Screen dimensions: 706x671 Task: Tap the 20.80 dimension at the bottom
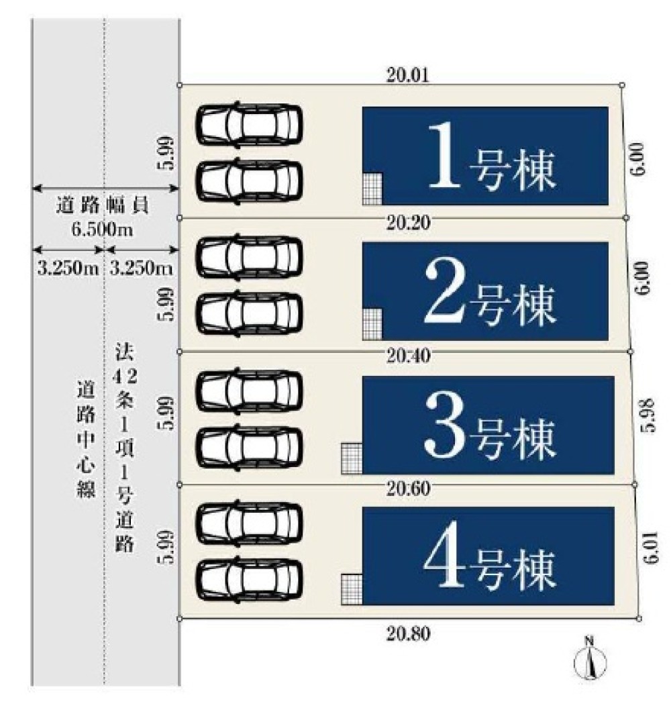pyautogui.click(x=409, y=633)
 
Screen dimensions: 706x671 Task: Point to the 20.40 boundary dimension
pyautogui.click(x=409, y=356)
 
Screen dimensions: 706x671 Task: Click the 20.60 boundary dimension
pyautogui.click(x=409, y=489)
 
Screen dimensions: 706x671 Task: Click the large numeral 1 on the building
pyautogui.click(x=446, y=157)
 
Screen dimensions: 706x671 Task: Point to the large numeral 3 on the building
pyautogui.click(x=446, y=425)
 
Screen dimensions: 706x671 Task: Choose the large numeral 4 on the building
pyautogui.click(x=446, y=558)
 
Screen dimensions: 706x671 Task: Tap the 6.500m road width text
pyautogui.click(x=103, y=229)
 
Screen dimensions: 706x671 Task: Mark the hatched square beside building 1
pyautogui.click(x=372, y=188)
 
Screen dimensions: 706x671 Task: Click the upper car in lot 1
pyautogui.click(x=249, y=123)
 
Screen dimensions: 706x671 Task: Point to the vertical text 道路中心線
pyautogui.click(x=85, y=440)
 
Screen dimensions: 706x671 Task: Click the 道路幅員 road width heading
pyautogui.click(x=103, y=207)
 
